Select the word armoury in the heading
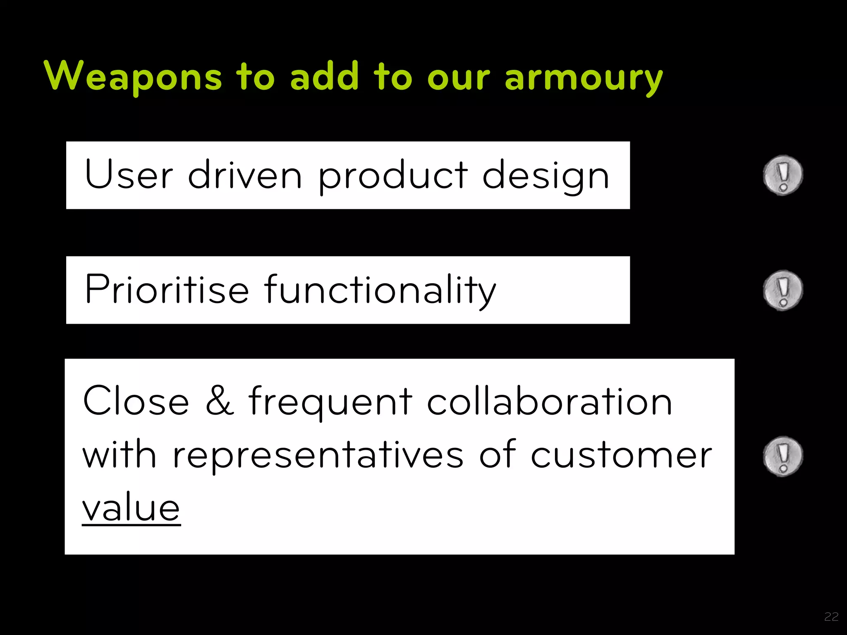(x=584, y=78)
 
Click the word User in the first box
(x=129, y=175)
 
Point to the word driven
(x=244, y=175)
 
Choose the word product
(x=392, y=176)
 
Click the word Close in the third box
(x=136, y=401)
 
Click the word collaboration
(x=549, y=401)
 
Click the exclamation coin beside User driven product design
(x=782, y=175)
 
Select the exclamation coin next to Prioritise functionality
(x=782, y=290)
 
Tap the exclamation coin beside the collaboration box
(x=782, y=456)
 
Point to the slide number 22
(x=831, y=617)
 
